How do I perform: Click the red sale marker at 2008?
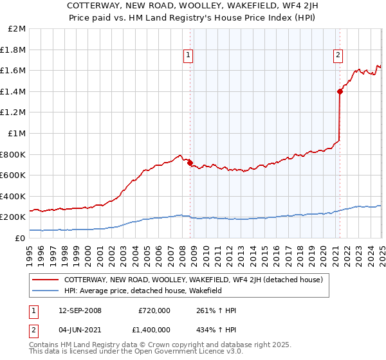click(190, 163)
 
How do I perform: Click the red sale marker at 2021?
click(340, 91)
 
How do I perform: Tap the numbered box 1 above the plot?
click(188, 56)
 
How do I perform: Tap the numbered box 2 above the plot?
click(338, 56)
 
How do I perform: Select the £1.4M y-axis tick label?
click(14, 91)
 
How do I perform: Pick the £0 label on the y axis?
click(21, 238)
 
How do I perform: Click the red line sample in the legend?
click(46, 280)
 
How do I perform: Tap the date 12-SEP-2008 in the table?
click(78, 310)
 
